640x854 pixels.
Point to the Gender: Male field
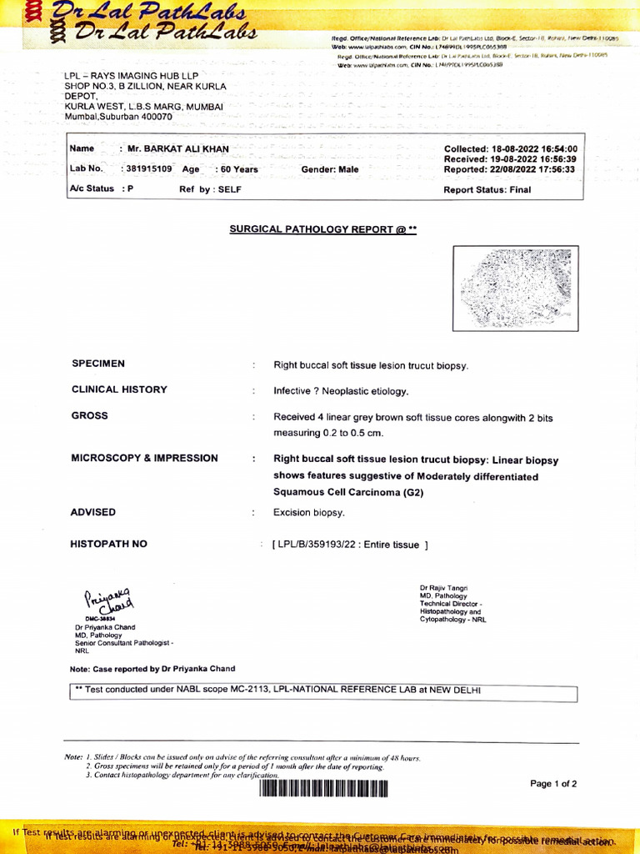tap(329, 169)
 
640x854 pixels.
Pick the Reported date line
tap(510, 169)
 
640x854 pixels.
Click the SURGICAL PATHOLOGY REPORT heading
tap(322, 228)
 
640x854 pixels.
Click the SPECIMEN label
tap(98, 364)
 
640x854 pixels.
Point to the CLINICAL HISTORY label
tap(119, 389)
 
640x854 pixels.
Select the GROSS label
tap(89, 415)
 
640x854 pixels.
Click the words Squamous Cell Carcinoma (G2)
tap(348, 493)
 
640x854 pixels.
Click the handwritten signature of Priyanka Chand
tap(107, 600)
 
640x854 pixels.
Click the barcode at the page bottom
tap(323, 788)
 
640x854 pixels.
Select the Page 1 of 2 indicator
tap(553, 784)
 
